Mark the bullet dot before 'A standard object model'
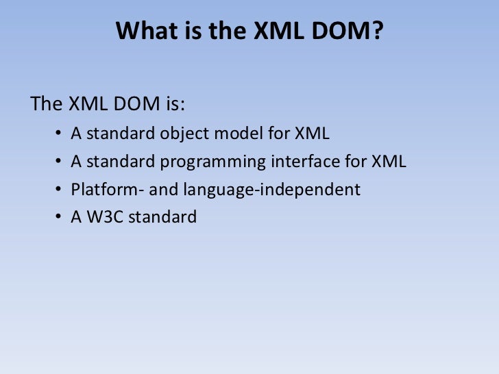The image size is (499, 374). [57, 134]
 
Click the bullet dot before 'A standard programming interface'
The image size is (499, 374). [57, 162]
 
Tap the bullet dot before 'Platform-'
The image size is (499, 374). [57, 190]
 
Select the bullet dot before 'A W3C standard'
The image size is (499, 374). [57, 218]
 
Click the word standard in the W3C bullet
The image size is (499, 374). [163, 217]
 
